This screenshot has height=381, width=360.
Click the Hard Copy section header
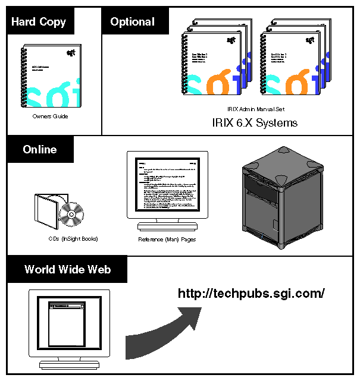39,22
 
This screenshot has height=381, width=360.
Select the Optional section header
132,22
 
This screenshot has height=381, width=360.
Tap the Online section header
40,149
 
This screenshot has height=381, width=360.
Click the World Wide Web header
67,269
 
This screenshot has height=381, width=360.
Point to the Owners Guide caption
51,116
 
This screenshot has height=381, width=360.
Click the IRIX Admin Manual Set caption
254,109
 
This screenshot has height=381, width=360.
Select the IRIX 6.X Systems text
255,123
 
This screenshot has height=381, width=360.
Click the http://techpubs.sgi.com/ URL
251,293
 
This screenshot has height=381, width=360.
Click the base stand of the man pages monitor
167,226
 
